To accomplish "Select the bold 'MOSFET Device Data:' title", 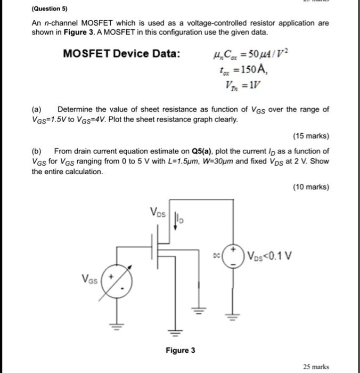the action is pyautogui.click(x=121, y=54).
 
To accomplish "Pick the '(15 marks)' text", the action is pyautogui.click(x=311, y=136).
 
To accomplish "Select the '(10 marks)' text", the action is pyautogui.click(x=311, y=187).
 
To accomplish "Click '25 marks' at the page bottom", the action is pyautogui.click(x=316, y=367).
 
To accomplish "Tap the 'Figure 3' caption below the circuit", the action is pyautogui.click(x=180, y=350).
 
